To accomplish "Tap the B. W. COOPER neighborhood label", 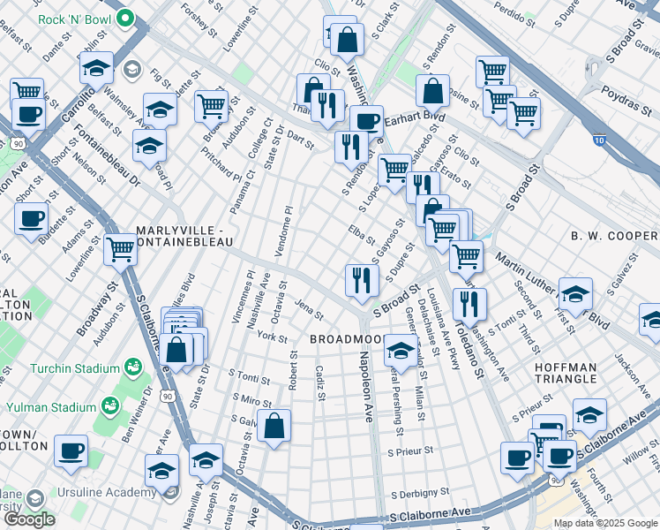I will tap(615, 236).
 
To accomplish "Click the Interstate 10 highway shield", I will tap(600, 140).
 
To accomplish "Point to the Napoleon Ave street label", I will tap(365, 386).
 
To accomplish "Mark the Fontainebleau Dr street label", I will tap(109, 165).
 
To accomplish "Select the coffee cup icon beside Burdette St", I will tap(32, 217).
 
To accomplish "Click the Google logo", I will tap(29, 519).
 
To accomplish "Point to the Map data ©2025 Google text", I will tap(604, 523).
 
